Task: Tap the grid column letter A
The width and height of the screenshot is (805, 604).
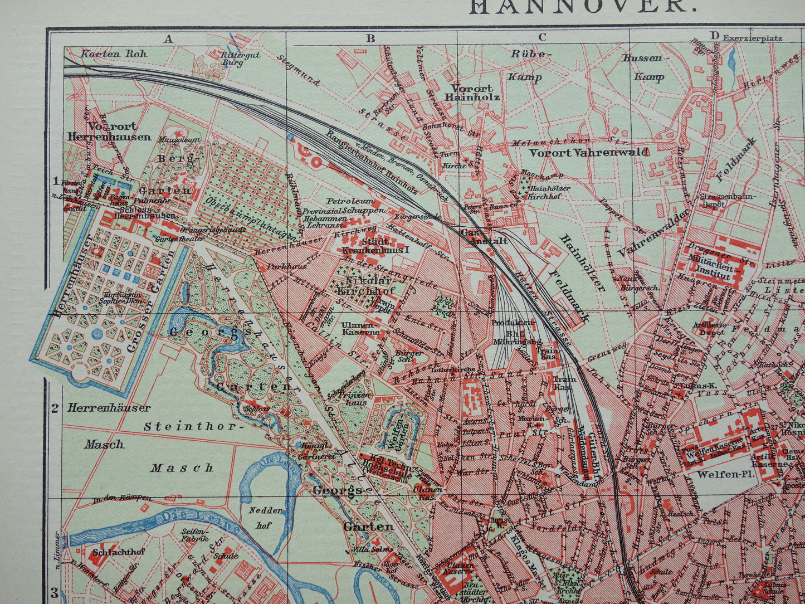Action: (168, 38)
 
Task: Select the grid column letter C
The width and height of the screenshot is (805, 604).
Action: (542, 38)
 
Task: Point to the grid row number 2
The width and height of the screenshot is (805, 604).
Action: (55, 408)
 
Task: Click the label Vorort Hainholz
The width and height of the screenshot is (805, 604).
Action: (472, 92)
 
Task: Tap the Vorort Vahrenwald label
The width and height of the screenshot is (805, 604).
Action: (588, 152)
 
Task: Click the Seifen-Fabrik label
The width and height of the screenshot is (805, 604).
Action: (194, 535)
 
